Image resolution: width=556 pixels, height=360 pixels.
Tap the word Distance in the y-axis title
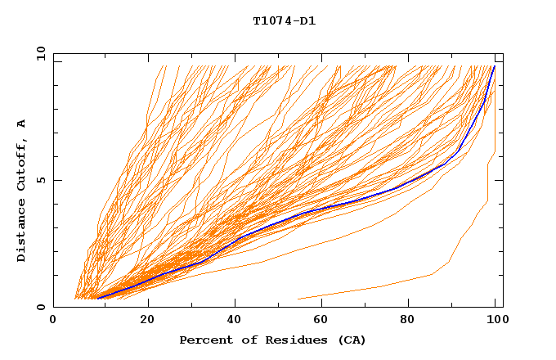21,232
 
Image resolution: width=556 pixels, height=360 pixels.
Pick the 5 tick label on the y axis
43,180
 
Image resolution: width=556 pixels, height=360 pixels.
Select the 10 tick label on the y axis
39,53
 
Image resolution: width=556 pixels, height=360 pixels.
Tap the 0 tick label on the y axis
43,307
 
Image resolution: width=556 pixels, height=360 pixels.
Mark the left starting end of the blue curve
97,298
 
